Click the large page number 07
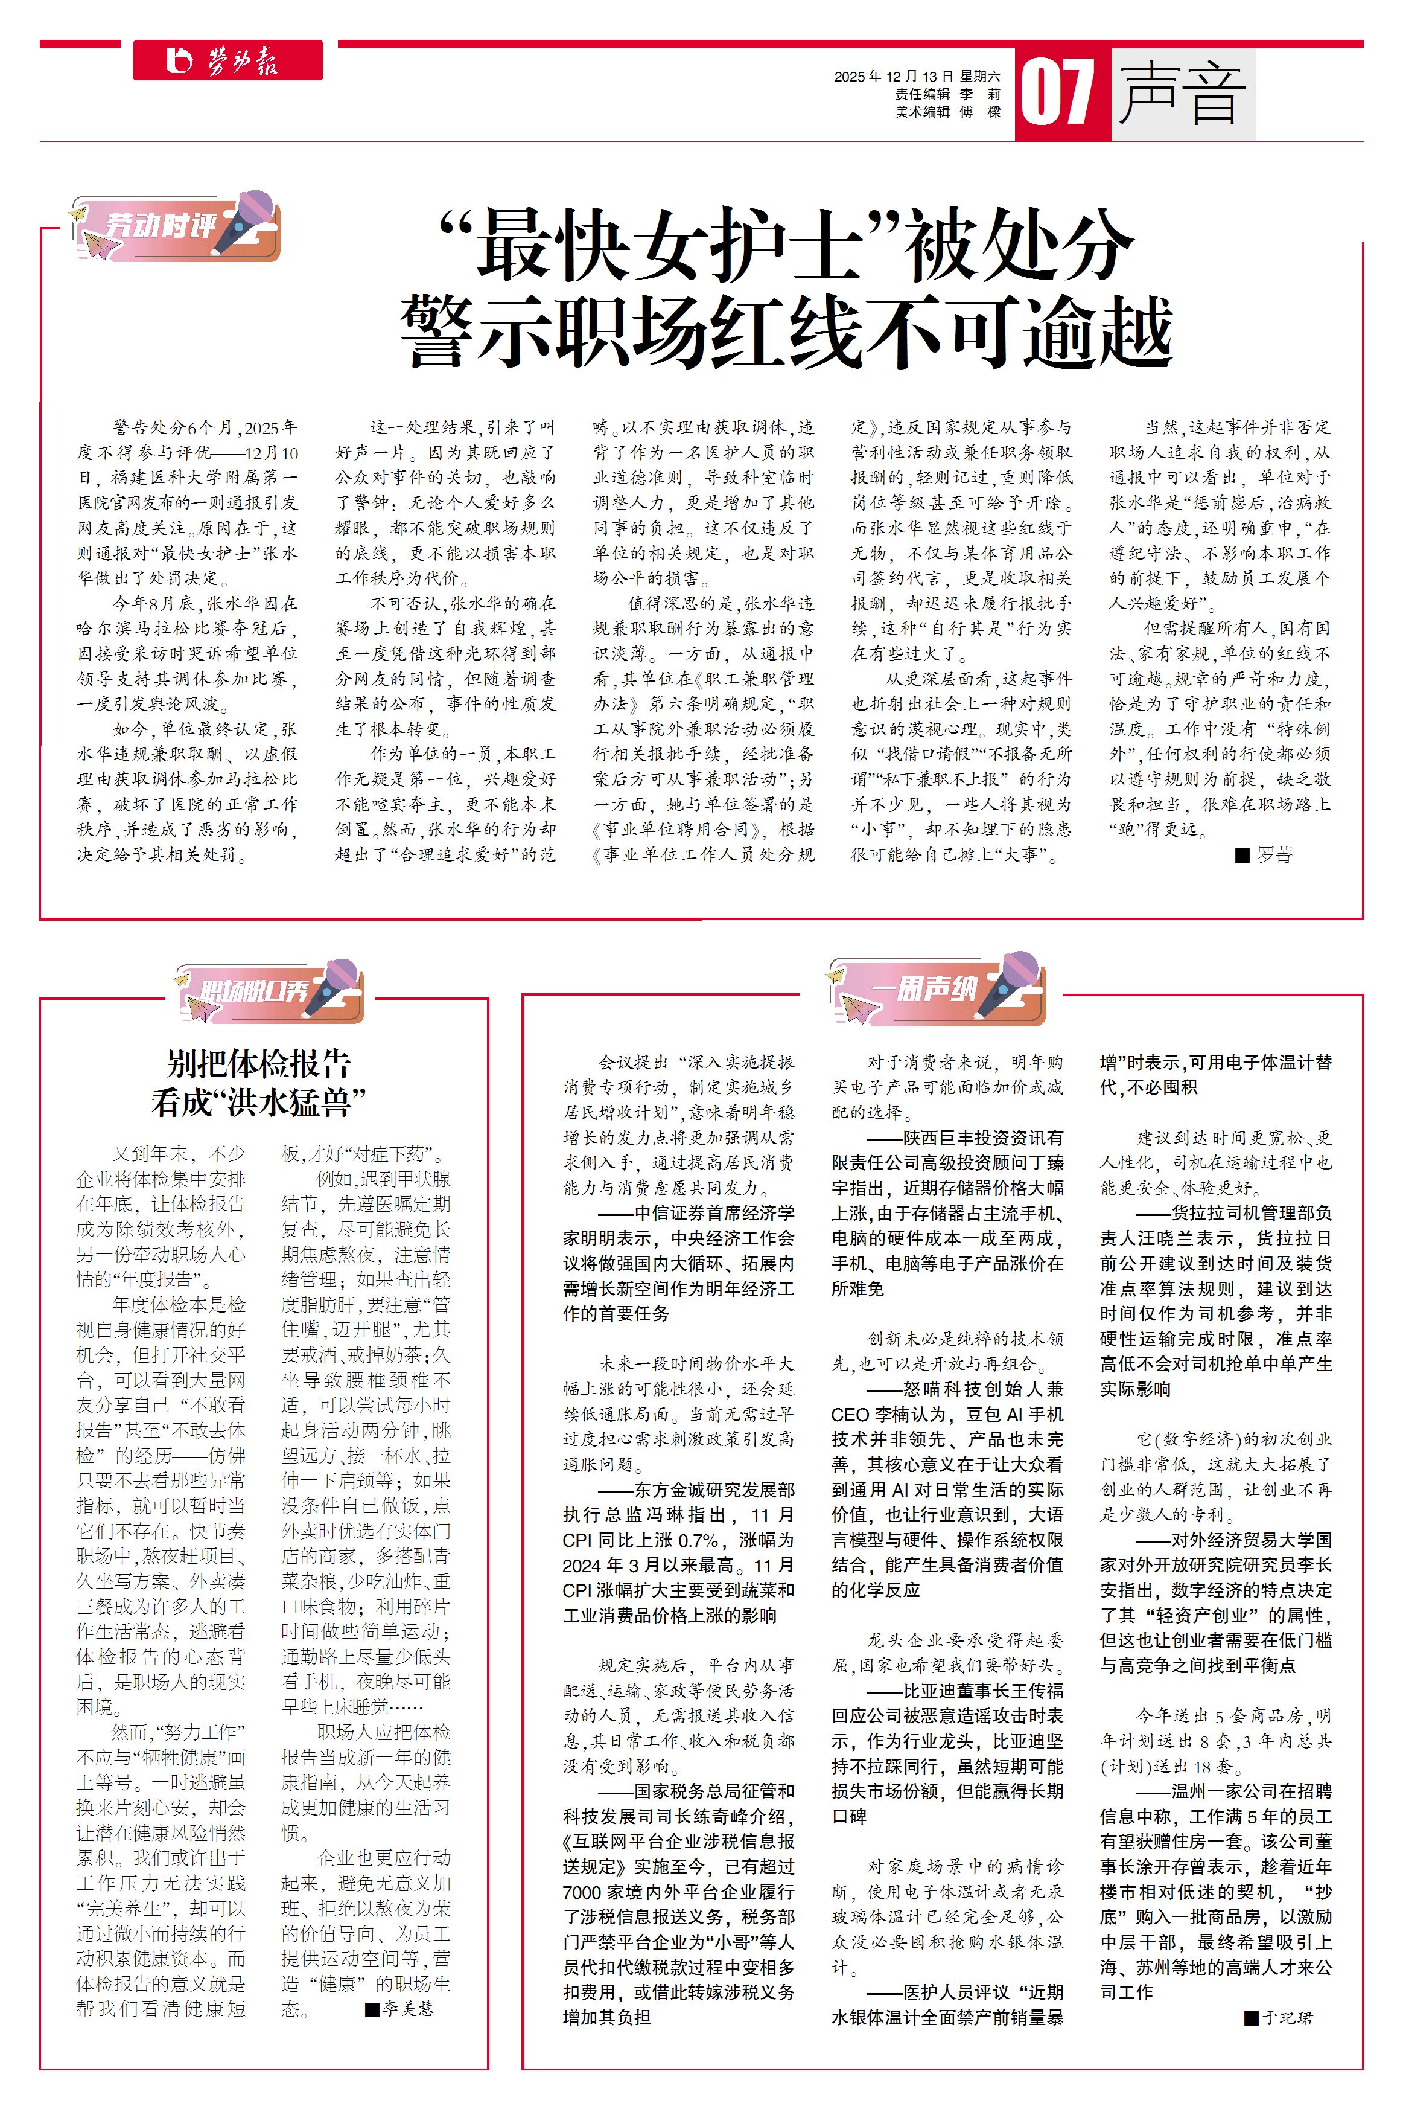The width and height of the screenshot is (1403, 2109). (1058, 93)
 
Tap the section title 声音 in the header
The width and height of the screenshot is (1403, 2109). (1181, 93)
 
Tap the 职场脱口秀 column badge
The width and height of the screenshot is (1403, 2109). (269, 991)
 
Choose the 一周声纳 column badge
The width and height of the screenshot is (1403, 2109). (936, 991)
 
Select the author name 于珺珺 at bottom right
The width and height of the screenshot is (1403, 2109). (1288, 2018)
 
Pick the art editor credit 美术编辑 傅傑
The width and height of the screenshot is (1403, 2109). (949, 112)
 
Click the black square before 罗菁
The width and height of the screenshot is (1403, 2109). (1242, 856)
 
